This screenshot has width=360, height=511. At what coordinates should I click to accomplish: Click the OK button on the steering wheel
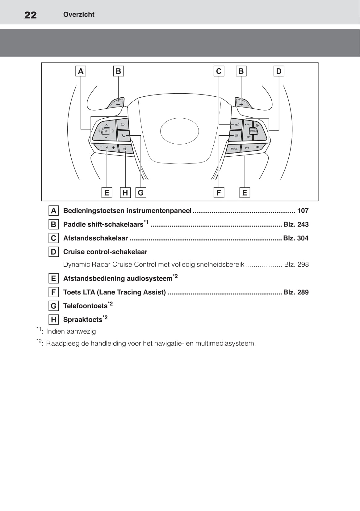coord(106,131)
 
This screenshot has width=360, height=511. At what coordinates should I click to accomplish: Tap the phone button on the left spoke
coord(123,135)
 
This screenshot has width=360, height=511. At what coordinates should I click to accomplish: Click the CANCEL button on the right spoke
coord(253,131)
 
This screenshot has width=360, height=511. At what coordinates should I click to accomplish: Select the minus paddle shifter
coord(118,103)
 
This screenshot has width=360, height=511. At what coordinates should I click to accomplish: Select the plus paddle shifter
coord(241,103)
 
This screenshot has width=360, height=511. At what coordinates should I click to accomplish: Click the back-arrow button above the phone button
coord(123,125)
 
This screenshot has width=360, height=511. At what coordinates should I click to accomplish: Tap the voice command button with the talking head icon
coord(125,149)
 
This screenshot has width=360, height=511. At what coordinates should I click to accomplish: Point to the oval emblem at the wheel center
coord(179,131)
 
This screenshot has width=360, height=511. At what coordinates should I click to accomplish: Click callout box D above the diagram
coord(278,71)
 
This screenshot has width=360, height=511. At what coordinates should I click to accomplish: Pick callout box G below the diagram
coord(141,193)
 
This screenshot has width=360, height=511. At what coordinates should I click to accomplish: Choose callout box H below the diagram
coord(125,193)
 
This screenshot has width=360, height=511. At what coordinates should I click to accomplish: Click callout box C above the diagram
coord(219,71)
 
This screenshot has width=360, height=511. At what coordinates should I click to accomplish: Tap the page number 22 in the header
coord(31,15)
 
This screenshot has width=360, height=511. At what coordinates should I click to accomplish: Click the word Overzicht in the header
coord(79,15)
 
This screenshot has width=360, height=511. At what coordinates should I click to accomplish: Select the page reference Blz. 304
coord(295,238)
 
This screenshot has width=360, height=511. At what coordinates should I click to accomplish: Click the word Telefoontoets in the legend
coord(85,306)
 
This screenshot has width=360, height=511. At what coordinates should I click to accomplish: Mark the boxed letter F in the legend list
coord(54,292)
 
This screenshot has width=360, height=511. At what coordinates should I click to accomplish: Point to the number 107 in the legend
coord(303,211)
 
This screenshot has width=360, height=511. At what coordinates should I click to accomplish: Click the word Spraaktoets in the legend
coord(83,320)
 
